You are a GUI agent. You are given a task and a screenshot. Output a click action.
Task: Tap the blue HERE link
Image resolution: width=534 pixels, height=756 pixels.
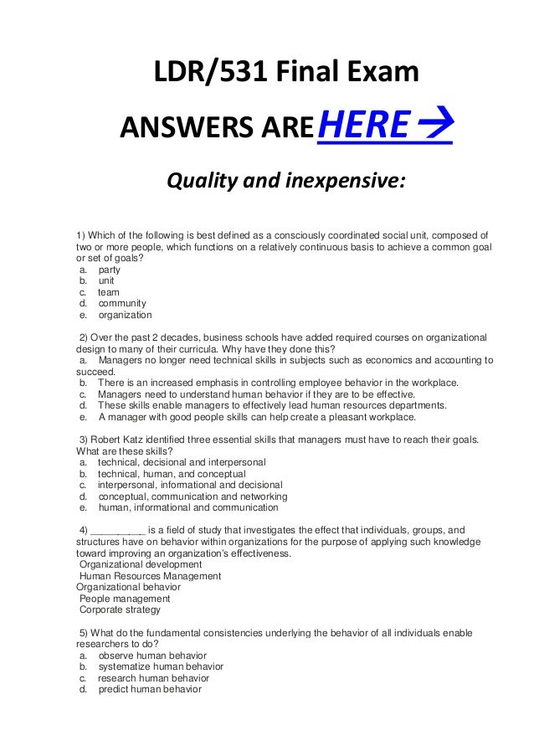(362, 127)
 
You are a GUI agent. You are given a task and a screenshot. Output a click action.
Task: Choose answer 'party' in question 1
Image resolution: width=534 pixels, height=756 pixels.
(109, 270)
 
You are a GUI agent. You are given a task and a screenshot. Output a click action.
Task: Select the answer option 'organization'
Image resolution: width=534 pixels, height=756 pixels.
(125, 316)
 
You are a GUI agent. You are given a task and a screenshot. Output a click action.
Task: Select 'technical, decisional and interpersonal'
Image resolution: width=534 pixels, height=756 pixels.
(182, 462)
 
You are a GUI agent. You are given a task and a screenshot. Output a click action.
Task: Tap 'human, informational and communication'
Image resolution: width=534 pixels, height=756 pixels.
(187, 507)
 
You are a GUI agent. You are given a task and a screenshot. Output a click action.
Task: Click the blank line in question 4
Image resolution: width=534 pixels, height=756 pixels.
(117, 530)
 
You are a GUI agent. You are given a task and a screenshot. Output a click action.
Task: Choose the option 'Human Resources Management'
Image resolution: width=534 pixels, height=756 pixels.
(150, 576)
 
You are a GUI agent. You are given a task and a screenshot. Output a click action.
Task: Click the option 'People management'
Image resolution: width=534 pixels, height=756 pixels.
(125, 599)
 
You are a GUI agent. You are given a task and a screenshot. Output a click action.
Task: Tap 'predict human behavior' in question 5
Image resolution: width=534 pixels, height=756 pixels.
(150, 689)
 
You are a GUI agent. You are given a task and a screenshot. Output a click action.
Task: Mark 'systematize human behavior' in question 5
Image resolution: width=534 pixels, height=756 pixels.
(161, 666)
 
